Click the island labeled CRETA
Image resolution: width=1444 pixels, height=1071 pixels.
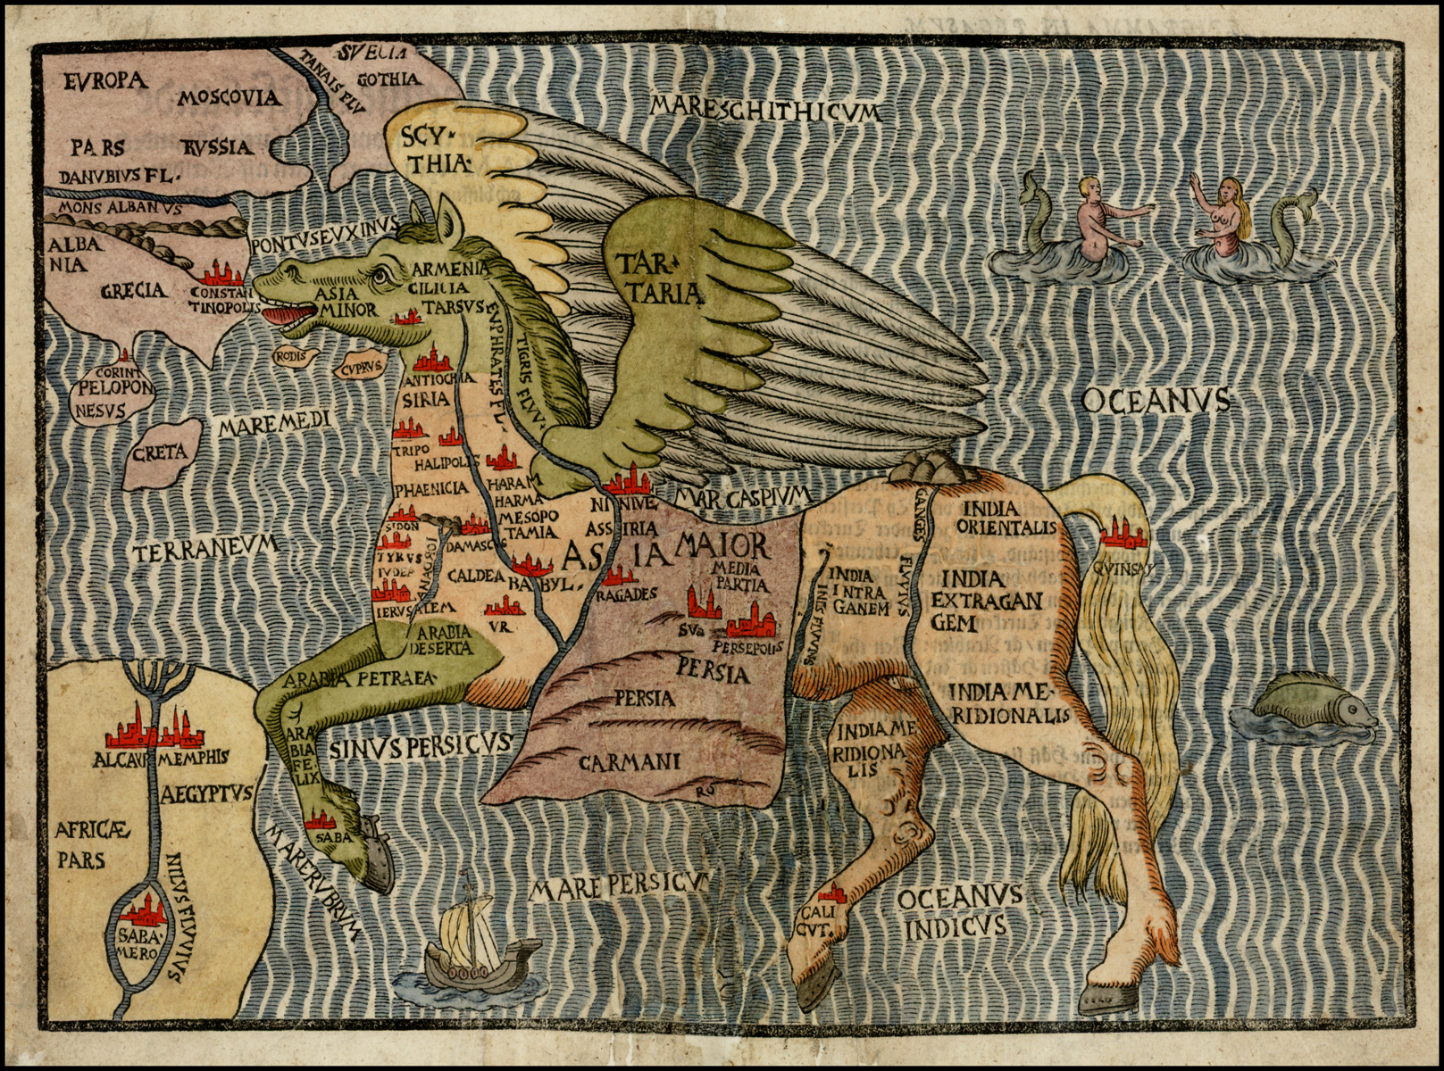point(161,452)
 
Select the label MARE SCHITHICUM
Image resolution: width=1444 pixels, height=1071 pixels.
point(765,110)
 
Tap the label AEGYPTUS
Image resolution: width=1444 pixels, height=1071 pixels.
point(208,793)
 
